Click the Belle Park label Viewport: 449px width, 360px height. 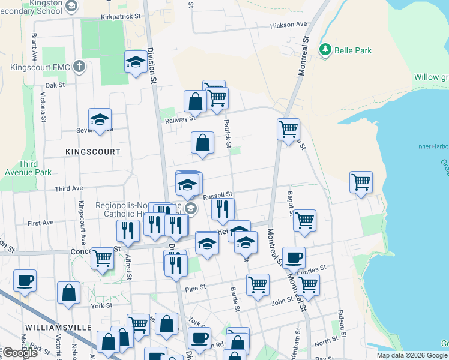(353, 50)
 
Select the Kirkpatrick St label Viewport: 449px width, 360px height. (123, 17)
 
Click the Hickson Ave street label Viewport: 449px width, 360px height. (288, 25)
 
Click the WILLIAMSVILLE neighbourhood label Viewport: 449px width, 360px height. (58, 327)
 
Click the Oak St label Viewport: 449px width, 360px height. (55, 85)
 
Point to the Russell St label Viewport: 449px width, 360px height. (217, 196)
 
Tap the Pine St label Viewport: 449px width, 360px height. (196, 288)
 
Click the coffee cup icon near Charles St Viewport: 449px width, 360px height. (294, 257)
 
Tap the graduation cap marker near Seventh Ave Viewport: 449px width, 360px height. (100, 119)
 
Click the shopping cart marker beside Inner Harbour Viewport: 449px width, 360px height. (361, 182)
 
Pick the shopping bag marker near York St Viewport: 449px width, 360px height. (69, 293)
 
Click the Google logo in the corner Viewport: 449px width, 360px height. (19, 353)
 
